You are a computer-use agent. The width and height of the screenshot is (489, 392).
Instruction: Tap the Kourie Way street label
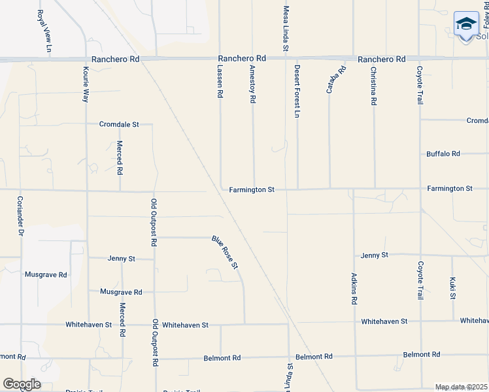86,84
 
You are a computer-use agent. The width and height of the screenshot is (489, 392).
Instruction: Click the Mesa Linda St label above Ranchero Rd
286,29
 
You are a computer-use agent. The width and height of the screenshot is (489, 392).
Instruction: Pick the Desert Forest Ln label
297,91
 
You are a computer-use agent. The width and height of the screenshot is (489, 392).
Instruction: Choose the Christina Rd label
373,86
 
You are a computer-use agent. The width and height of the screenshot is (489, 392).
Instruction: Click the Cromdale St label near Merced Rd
119,123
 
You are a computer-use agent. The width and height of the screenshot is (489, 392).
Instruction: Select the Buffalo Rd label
443,154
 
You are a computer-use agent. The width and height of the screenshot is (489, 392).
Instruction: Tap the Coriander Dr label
20,216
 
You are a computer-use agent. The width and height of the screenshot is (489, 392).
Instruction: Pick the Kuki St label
452,287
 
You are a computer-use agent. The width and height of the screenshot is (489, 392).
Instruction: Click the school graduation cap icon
466,25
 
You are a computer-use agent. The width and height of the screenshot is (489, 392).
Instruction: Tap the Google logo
22,384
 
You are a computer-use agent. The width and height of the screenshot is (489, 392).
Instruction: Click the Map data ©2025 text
461,387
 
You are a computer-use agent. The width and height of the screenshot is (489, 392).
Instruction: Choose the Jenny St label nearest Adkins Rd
374,254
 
